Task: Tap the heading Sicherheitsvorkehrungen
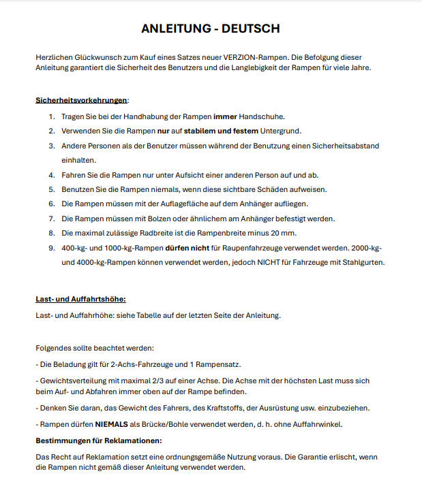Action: click(x=81, y=100)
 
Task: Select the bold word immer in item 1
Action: click(x=225, y=116)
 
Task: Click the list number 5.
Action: click(x=51, y=189)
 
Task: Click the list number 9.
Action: click(x=51, y=248)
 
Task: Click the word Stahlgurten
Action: click(x=362, y=263)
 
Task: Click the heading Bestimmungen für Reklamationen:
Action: click(x=98, y=440)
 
